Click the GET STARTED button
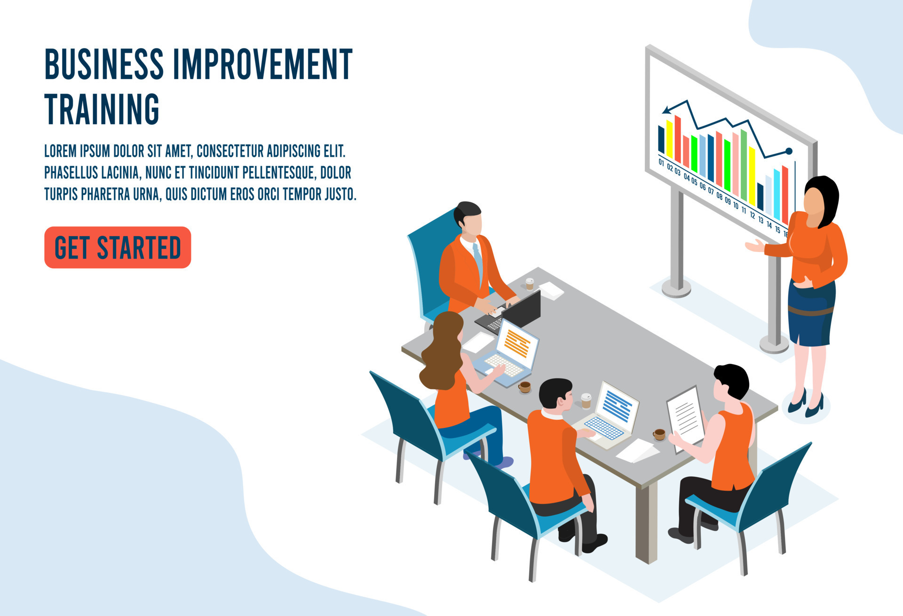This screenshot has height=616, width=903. pyautogui.click(x=118, y=248)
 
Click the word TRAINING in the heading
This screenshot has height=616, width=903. pyautogui.click(x=102, y=109)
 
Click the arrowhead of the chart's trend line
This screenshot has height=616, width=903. pyautogui.click(x=667, y=110)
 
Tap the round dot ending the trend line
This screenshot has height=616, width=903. pyautogui.click(x=789, y=151)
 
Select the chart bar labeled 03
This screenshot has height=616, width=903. pyautogui.click(x=678, y=139)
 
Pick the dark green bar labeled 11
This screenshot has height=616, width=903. pyautogui.click(x=744, y=165)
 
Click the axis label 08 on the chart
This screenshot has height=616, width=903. pyautogui.click(x=719, y=196)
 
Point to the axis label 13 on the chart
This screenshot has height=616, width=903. pyautogui.click(x=760, y=220)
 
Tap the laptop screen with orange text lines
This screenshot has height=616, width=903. pyautogui.click(x=517, y=344)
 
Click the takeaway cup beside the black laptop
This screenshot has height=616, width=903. pyautogui.click(x=530, y=283)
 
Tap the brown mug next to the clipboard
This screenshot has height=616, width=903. pyautogui.click(x=659, y=434)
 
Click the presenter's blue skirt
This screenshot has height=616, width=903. pyautogui.click(x=811, y=313)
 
